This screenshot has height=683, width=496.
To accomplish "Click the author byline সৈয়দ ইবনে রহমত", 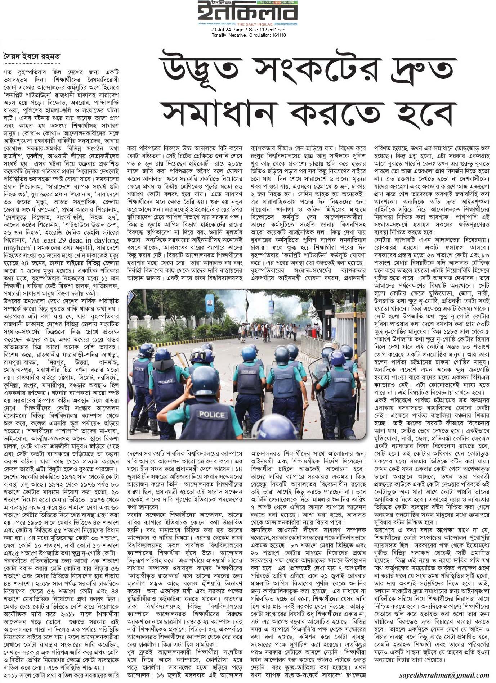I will coord(32,57).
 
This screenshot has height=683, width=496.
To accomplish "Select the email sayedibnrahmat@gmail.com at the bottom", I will coord(444,675).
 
